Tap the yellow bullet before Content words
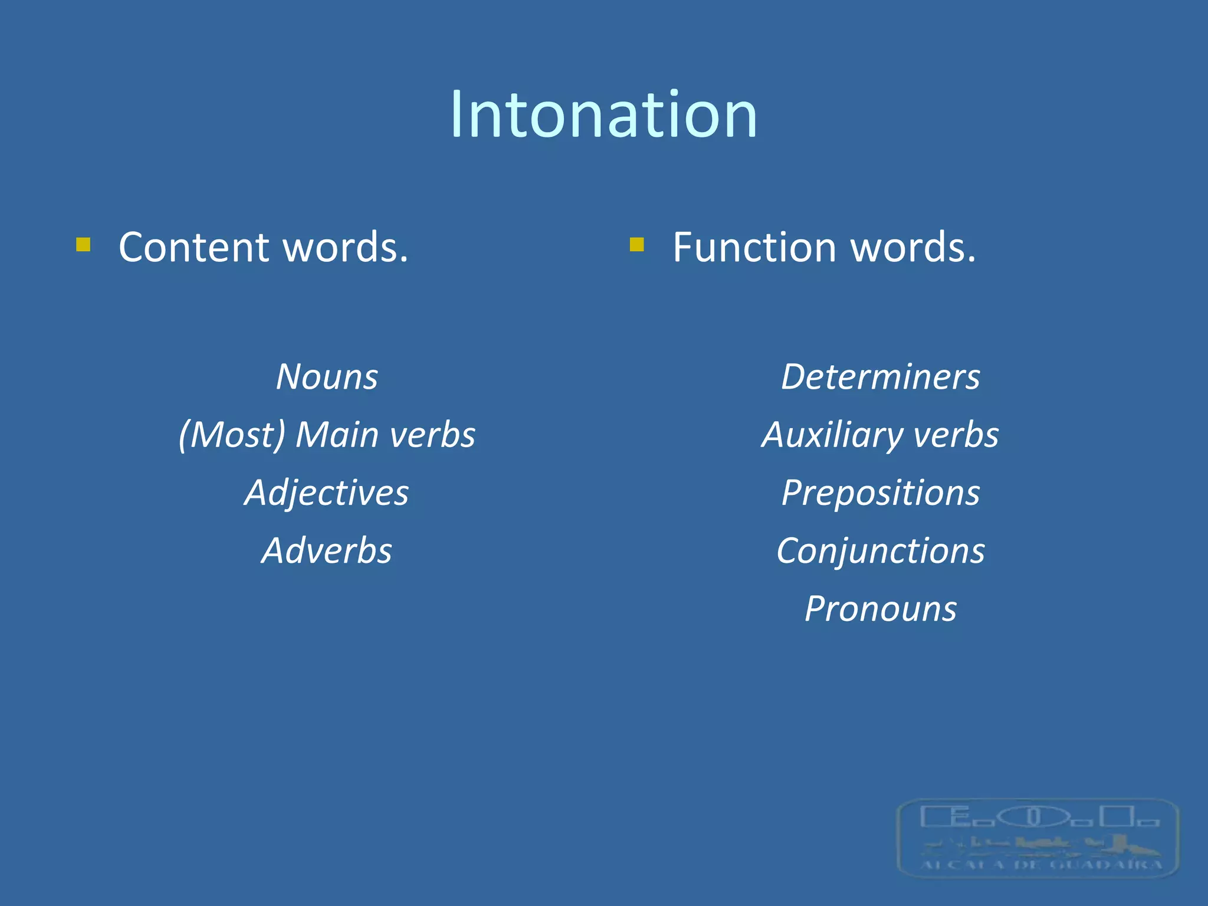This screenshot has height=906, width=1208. [x=83, y=244]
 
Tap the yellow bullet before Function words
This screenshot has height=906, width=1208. [x=636, y=244]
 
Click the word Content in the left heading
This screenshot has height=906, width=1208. [x=195, y=247]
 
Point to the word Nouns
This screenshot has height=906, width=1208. [x=327, y=377]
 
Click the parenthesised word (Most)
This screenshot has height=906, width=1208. [x=232, y=435]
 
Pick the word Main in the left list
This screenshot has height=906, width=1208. [x=337, y=435]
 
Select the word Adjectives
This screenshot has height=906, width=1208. [x=326, y=493]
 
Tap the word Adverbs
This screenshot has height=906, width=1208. [x=327, y=551]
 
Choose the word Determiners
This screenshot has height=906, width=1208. [x=880, y=377]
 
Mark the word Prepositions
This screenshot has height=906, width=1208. [x=880, y=493]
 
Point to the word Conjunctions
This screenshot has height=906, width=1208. [x=880, y=552]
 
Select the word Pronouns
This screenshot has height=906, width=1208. [x=880, y=609]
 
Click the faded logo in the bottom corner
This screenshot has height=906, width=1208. [x=1038, y=838]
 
